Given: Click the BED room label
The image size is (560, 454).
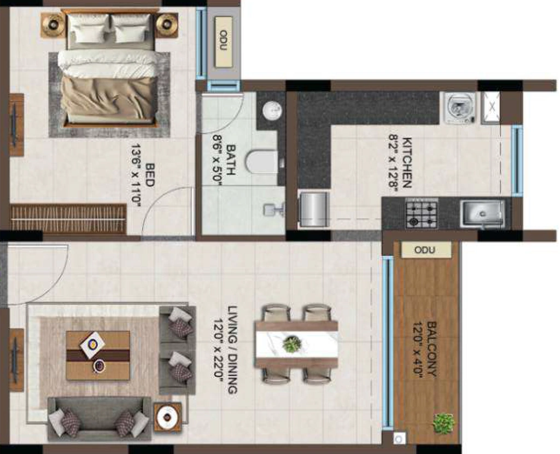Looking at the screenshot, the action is tap(150, 175).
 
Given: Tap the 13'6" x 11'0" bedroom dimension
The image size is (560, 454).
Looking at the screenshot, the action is tap(136, 175).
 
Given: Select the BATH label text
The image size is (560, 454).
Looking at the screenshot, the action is tap(231, 160).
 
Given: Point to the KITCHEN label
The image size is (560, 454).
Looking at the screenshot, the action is tap(407, 162).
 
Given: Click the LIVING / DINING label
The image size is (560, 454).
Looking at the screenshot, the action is tap(232, 350).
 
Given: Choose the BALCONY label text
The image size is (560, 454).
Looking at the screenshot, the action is tap(431, 349).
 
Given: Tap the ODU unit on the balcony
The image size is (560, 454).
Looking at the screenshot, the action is tap(425, 249).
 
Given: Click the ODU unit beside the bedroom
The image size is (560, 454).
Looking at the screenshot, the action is tap(224, 41).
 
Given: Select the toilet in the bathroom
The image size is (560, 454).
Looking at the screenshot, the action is tap(262, 161).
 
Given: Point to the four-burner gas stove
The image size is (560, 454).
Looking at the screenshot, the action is tap(422, 214).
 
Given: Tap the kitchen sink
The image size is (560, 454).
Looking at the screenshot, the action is tap(482, 214).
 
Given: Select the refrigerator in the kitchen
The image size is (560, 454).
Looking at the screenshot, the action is tap(313, 209).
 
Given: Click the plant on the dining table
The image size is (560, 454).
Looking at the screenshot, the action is tap(292, 345).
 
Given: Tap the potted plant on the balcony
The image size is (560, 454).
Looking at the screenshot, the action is tap(444, 423).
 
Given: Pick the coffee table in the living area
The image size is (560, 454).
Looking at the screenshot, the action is tap(98, 355).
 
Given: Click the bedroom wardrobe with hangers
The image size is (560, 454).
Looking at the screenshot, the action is tap(68, 219).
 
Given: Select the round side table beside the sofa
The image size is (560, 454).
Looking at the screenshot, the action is tap(167, 416).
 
